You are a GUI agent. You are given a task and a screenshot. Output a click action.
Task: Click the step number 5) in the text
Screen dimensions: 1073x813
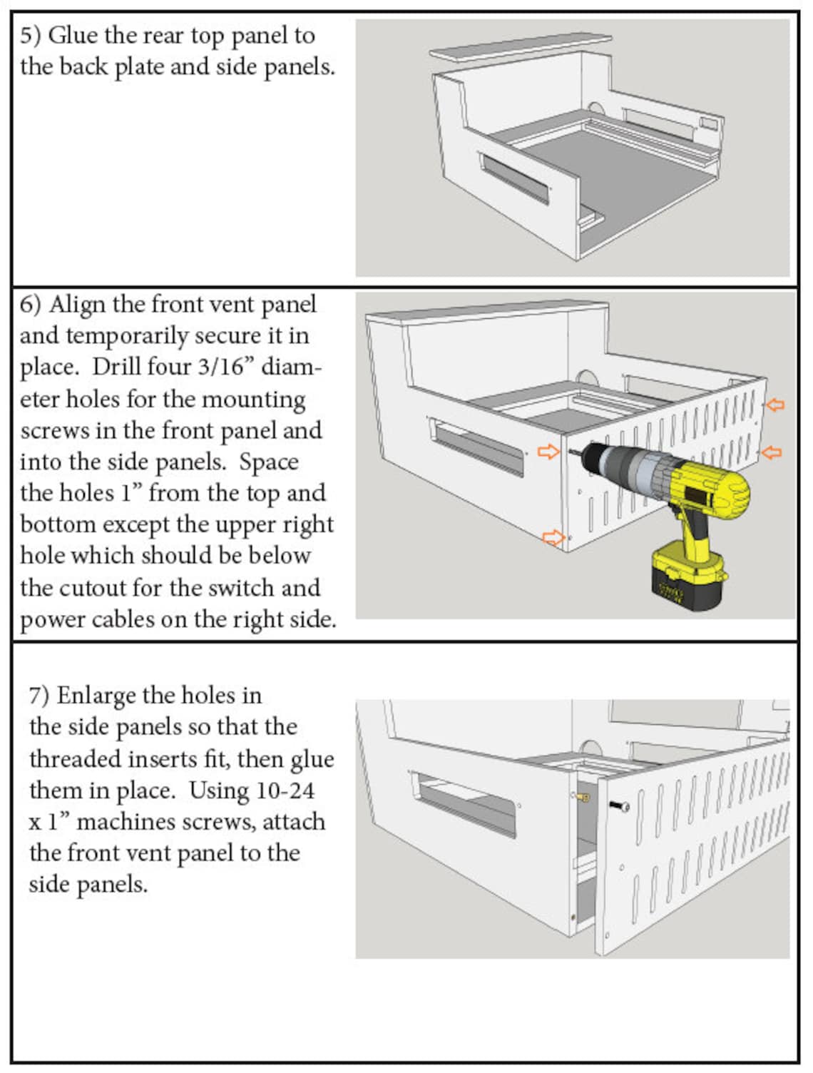[x=31, y=36]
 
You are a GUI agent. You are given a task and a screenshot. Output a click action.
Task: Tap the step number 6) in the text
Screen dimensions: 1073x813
[x=31, y=305]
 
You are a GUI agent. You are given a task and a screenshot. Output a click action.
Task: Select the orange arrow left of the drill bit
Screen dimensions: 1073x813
[x=548, y=452]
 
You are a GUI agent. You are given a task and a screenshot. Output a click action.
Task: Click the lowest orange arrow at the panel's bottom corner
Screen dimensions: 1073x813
[x=553, y=537]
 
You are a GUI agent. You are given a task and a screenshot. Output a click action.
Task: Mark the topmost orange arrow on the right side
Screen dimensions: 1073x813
[x=774, y=405]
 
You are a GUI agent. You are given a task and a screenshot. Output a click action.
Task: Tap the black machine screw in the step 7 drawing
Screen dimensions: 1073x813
[x=618, y=805]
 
